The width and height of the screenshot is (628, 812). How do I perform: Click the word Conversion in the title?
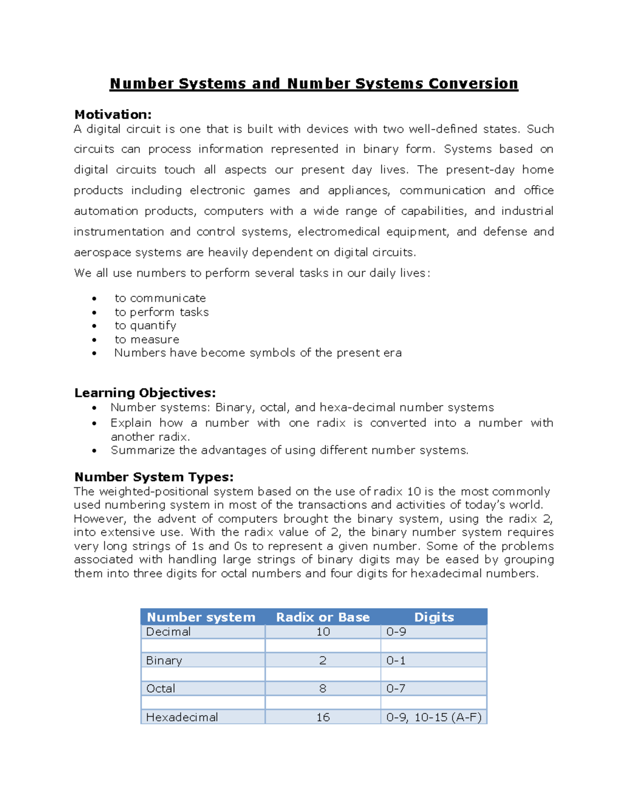tap(473, 84)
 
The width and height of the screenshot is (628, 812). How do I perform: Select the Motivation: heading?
tap(113, 115)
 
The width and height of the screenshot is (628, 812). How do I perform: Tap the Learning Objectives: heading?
tap(145, 393)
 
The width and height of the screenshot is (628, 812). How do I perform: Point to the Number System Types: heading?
tap(154, 477)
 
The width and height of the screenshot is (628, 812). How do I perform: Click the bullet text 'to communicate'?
tap(160, 298)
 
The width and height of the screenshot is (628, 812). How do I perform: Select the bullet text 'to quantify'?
tap(145, 325)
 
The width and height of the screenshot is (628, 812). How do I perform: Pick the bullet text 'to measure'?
tap(147, 339)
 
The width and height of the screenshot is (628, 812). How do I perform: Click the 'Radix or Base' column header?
tap(323, 617)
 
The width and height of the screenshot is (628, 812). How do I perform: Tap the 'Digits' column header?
tap(434, 617)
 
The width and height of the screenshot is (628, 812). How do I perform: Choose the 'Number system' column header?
tap(201, 617)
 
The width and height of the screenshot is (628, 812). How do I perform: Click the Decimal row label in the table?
tap(168, 632)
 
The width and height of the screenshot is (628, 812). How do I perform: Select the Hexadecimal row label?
tap(182, 717)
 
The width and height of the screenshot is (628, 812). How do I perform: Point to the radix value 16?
tap(323, 717)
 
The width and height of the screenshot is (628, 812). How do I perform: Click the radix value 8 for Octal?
tap(323, 689)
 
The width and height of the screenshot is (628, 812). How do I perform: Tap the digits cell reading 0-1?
tap(396, 660)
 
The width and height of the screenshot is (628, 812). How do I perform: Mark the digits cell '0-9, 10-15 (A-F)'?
tap(433, 717)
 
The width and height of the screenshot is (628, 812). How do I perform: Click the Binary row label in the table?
tap(164, 660)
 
